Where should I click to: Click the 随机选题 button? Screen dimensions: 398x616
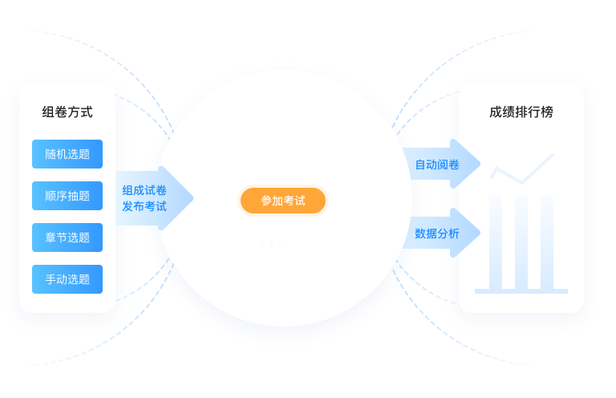(x=67, y=154)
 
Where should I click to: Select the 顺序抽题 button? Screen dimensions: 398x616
(x=67, y=196)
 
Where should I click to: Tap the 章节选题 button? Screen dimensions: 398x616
(x=67, y=238)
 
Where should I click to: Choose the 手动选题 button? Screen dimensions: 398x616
(x=67, y=279)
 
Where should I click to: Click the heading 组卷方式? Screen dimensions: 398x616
(x=67, y=112)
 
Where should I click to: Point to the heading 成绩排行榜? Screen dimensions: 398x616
(x=521, y=112)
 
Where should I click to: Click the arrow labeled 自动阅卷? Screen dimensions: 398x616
(x=440, y=164)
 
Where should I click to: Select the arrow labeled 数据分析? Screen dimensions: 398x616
(x=440, y=234)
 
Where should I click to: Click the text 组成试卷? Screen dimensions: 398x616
(x=144, y=190)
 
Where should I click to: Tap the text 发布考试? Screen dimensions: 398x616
(x=144, y=206)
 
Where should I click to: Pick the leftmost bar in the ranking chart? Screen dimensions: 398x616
(x=495, y=241)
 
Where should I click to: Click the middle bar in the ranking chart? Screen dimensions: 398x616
(x=521, y=241)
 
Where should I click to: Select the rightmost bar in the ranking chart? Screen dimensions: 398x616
(x=548, y=241)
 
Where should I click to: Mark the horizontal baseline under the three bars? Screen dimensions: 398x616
(x=521, y=290)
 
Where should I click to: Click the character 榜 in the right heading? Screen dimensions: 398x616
(x=547, y=112)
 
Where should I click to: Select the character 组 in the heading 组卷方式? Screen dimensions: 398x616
(x=48, y=112)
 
